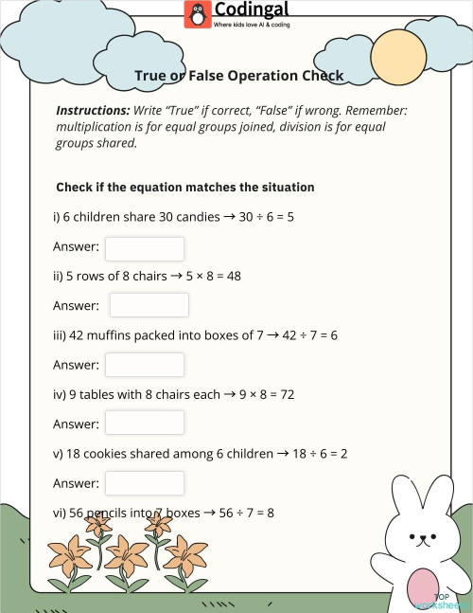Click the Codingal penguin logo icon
(198, 14)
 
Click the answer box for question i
(145, 248)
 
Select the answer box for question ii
(149, 305)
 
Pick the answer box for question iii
(145, 365)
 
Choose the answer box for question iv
(145, 424)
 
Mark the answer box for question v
(145, 483)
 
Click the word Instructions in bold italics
(93, 110)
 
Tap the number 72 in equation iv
(288, 394)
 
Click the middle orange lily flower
(127, 553)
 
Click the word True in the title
(152, 76)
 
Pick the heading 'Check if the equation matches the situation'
(184, 188)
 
